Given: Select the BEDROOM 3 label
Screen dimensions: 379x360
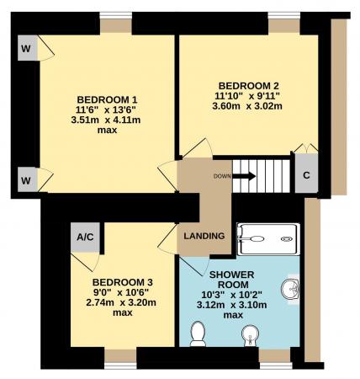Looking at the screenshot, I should [123, 281].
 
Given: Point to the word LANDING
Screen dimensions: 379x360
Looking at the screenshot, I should [204, 236].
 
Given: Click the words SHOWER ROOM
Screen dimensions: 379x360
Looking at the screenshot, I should [225, 280].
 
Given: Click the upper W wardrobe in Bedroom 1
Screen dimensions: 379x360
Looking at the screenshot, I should [25, 50].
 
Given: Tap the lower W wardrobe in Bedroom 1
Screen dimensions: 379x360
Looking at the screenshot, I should [25, 179].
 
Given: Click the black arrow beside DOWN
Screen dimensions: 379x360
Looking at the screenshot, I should [244, 176].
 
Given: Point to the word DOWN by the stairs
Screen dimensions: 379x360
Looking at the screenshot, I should [222, 176].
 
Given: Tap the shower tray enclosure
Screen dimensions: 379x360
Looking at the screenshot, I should [265, 239].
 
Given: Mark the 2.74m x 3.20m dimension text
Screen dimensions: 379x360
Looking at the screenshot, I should [123, 303].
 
